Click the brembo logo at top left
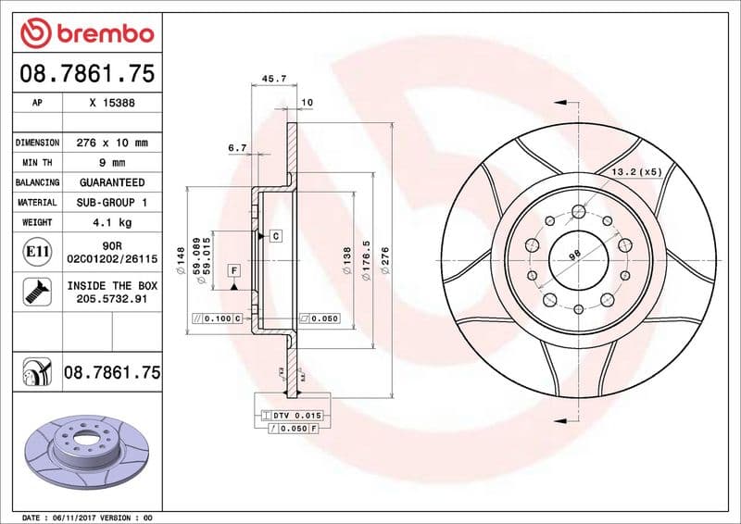[x=86, y=33]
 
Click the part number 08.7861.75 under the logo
[x=86, y=72]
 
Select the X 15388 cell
[x=112, y=104]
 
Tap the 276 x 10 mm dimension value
[x=112, y=143]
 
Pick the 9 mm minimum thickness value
[x=112, y=163]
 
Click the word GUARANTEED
[x=112, y=182]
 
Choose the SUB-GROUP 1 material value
[x=112, y=202]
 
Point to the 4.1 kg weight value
[x=112, y=222]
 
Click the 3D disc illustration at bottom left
[x=83, y=448]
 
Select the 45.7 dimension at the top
[x=273, y=80]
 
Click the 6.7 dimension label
[x=237, y=147]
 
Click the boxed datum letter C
[x=275, y=237]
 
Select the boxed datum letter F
[x=234, y=269]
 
